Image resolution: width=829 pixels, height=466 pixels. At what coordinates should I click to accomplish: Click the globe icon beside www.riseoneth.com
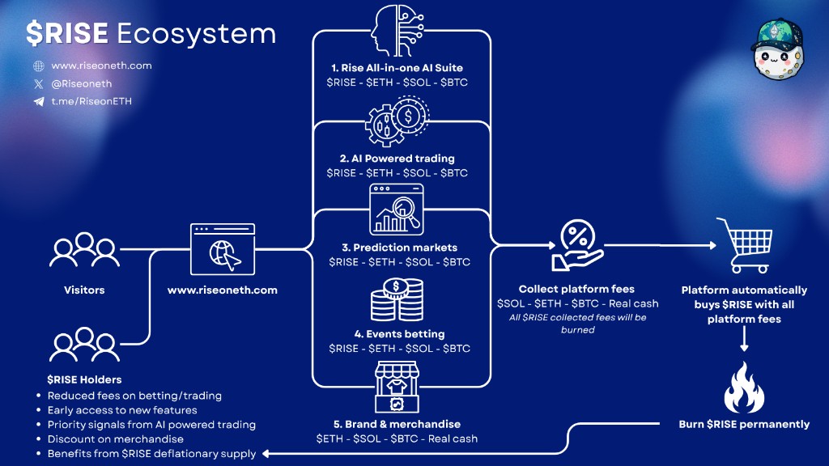[39, 66]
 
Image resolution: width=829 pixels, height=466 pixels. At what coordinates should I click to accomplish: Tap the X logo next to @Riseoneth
[39, 84]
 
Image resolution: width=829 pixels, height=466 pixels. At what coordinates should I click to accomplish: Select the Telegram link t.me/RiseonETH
[91, 102]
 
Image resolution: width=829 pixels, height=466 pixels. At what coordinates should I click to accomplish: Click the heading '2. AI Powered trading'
[397, 158]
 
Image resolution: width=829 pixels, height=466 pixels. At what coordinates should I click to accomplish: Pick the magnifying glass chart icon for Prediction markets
[397, 210]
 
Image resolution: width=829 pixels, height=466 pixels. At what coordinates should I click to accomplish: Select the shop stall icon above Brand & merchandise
[397, 388]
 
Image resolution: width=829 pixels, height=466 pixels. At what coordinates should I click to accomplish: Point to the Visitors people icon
[84, 251]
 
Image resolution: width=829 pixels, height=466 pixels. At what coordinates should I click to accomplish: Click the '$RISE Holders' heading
[84, 379]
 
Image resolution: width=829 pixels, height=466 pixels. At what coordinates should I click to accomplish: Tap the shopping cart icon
[744, 244]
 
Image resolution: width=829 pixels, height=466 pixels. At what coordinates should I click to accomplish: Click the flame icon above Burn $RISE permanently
[744, 388]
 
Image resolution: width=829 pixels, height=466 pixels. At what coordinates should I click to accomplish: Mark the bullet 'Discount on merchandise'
[110, 439]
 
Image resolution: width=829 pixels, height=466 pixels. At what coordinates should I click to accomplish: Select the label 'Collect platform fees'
[576, 289]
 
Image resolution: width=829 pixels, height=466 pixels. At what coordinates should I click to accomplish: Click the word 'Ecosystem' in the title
[196, 33]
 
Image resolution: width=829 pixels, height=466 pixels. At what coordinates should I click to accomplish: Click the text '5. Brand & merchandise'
[397, 424]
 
